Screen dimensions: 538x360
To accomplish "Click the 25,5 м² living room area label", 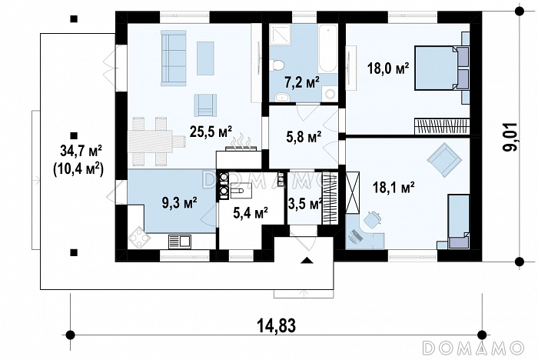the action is coord(211,132).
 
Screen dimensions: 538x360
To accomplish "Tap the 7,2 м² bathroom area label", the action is coord(302,83).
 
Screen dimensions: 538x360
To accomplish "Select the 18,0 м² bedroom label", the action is coord(388,68).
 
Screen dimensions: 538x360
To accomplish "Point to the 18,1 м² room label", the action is coord(394,188).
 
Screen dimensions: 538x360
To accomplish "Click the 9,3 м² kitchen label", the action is coord(179,202).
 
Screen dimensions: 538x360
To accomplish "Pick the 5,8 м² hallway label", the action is coord(304,138).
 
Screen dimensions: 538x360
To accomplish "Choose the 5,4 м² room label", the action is coord(251,213).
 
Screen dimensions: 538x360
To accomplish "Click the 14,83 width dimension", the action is coord(277,325).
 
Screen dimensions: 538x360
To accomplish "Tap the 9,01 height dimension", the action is coord(510,137).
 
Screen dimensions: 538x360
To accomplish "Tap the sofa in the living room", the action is coord(174,58).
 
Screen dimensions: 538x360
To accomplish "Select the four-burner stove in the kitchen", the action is coord(138,237).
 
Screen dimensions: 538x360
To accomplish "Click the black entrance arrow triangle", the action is coord(307,260).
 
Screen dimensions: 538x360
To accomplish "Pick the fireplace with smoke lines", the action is coord(241,143).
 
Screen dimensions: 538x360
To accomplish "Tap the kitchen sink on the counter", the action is coord(179,241).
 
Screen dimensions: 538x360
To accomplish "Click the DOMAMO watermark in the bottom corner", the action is coord(473,347).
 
